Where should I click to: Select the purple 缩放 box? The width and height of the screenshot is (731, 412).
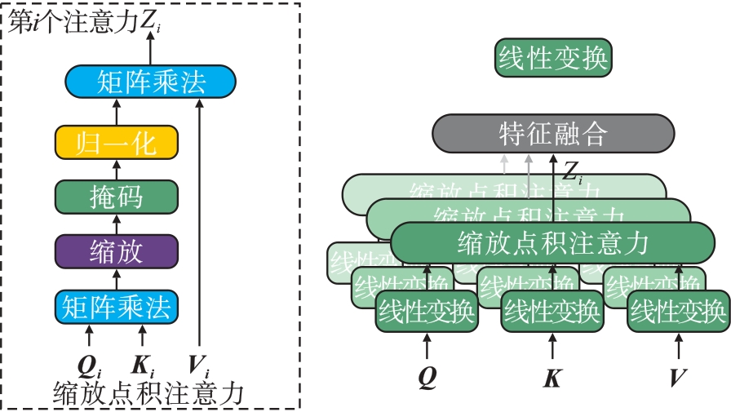(116, 251)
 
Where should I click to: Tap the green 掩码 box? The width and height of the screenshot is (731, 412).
(116, 197)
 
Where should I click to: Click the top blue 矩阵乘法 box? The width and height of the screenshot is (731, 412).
(150, 82)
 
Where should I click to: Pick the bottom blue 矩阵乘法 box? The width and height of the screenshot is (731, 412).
(116, 307)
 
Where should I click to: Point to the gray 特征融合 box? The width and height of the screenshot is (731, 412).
(552, 134)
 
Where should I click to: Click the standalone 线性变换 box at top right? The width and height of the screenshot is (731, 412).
(552, 59)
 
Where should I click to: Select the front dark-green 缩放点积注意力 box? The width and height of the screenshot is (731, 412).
(552, 242)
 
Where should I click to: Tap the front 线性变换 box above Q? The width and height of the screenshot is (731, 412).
(426, 311)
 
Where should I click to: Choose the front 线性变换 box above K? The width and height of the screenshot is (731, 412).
(552, 311)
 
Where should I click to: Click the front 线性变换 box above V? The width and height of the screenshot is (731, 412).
(677, 311)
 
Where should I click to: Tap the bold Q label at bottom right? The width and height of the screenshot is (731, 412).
(426, 377)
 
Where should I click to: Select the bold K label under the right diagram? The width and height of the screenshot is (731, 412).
(552, 378)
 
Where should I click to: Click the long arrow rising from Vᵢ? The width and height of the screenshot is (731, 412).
(199, 228)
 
